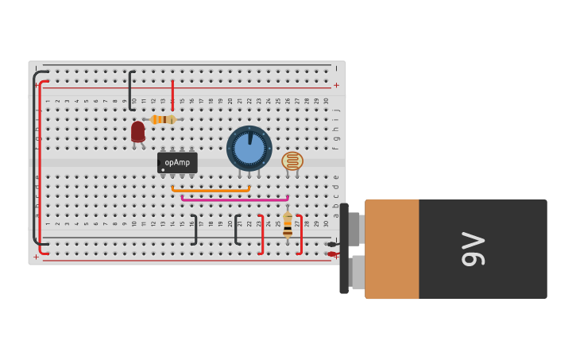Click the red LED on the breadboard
tap(138, 131)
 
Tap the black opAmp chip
tap(176, 162)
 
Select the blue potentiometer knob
tap(249, 148)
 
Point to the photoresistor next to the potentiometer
tap(292, 161)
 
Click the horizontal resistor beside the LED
tap(163, 119)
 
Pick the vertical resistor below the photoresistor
tap(288, 225)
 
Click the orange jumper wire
tap(211, 191)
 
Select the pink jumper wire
tap(234, 199)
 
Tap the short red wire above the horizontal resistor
tap(172, 94)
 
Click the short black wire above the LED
tap(131, 90)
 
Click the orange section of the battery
tap(392, 249)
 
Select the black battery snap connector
tap(345, 248)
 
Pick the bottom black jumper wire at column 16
tap(195, 230)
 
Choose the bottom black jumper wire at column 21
tap(236, 230)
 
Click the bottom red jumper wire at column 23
tap(262, 234)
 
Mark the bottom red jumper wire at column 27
tap(300, 234)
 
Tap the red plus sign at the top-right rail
tap(336, 85)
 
